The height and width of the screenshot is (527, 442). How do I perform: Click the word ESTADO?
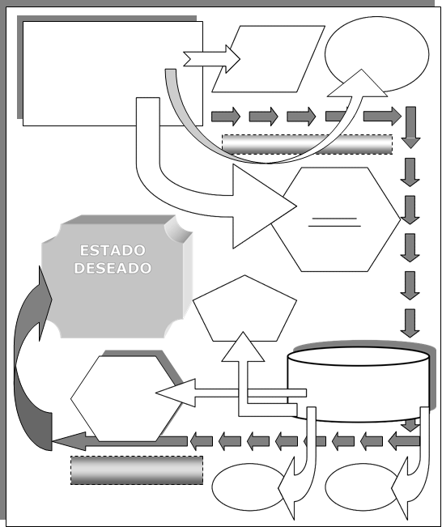[x=113, y=250]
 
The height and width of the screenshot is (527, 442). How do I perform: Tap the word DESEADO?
[x=113, y=268]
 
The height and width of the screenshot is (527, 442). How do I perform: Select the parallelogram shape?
[x=268, y=59]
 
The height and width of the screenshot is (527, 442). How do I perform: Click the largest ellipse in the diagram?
[x=376, y=54]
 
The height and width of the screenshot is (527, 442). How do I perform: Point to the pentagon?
[x=244, y=308]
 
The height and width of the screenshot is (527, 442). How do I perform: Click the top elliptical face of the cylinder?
[x=359, y=356]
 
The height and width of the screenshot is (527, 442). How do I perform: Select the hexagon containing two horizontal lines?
[x=336, y=219]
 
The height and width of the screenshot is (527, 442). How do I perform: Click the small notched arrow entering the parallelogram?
[x=212, y=59]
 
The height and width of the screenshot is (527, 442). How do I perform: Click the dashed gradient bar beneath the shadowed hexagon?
[x=137, y=470]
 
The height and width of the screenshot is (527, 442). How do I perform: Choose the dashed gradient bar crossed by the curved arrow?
[x=308, y=145]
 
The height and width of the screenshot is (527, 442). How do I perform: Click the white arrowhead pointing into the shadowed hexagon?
[x=176, y=393]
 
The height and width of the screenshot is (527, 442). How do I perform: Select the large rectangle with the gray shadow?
[x=113, y=74]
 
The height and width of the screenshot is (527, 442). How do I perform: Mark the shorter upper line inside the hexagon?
[x=334, y=219]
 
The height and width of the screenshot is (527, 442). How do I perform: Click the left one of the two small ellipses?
[x=249, y=487]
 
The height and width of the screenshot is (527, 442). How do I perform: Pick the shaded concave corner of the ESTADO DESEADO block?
[x=178, y=228]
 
